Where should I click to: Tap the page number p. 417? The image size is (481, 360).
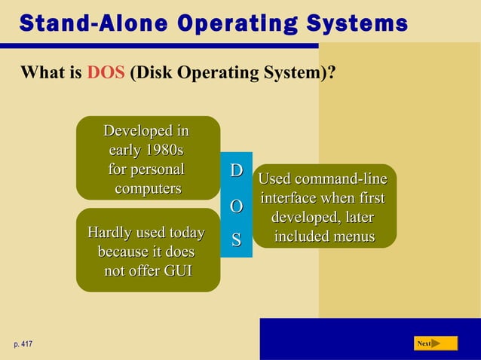pyautogui.click(x=23, y=344)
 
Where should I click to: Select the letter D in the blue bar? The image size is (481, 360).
pyautogui.click(x=236, y=171)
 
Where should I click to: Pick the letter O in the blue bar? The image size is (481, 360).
pyautogui.click(x=236, y=206)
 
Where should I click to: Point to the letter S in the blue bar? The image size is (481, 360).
pyautogui.click(x=236, y=240)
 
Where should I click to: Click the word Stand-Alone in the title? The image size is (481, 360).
pyautogui.click(x=84, y=23)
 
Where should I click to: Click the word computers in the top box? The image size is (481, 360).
pyautogui.click(x=148, y=188)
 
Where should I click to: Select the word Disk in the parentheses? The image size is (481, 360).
pyautogui.click(x=152, y=74)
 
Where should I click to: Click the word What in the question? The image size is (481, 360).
pyautogui.click(x=41, y=74)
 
